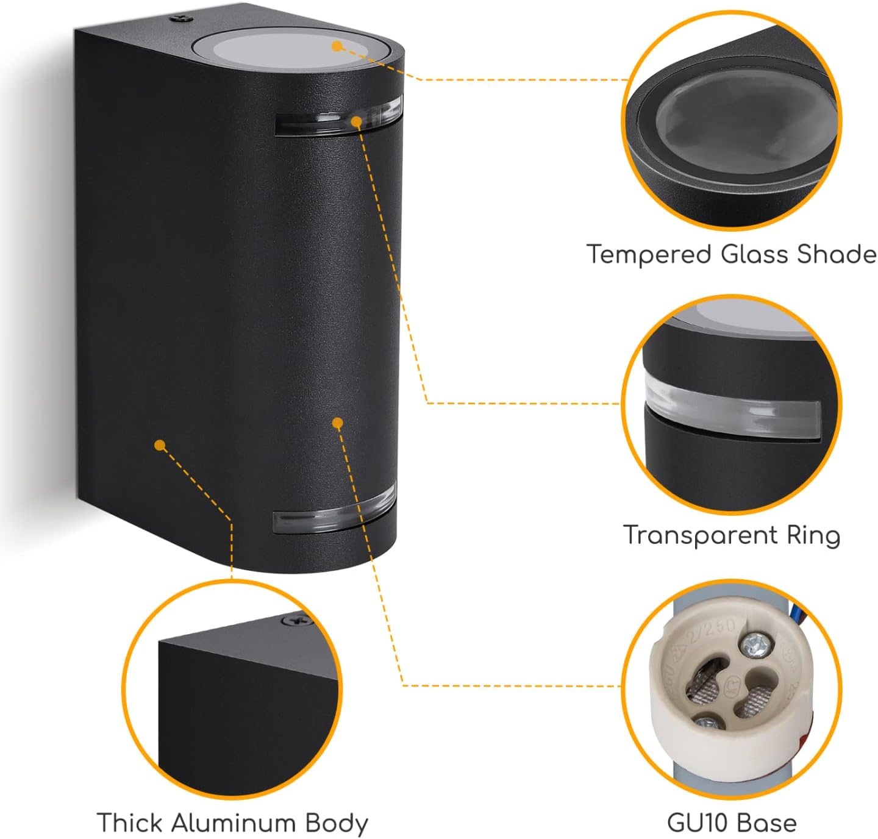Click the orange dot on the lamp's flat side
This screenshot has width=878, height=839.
point(160,446)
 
